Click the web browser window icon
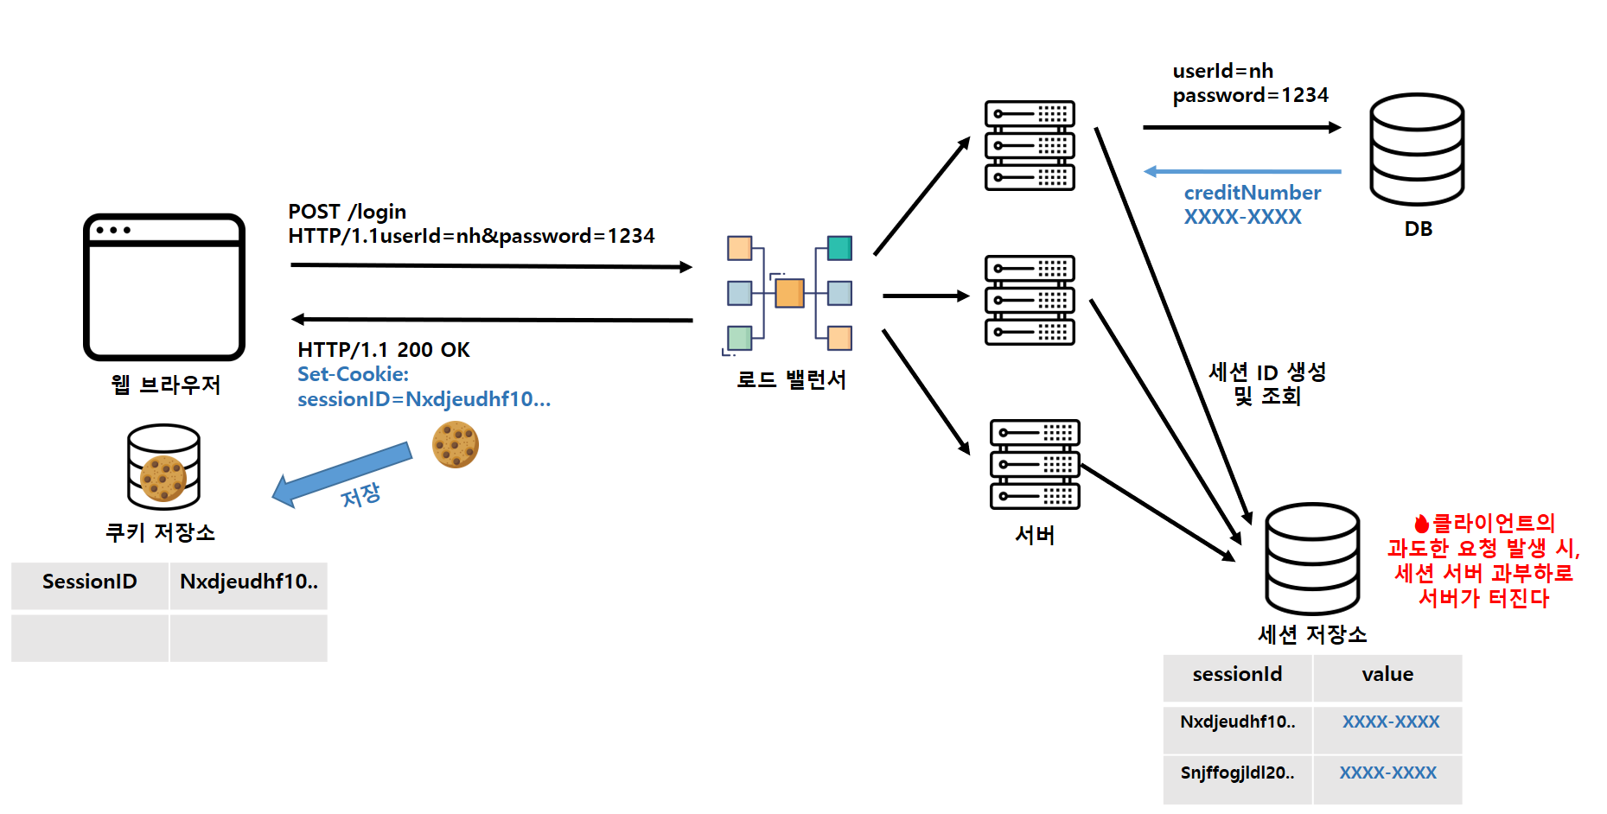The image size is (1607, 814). click(x=164, y=287)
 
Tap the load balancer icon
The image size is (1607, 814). click(x=789, y=294)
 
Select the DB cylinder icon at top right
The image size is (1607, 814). click(x=1417, y=149)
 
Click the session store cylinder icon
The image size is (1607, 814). click(x=1312, y=558)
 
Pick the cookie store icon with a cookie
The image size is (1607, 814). click(x=163, y=467)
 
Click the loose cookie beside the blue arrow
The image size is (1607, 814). click(x=456, y=444)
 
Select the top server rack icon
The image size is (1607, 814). click(x=1030, y=145)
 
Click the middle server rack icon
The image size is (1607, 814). click(x=1030, y=300)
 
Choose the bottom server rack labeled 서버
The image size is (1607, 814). click(x=1035, y=464)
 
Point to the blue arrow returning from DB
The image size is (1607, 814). click(x=1242, y=172)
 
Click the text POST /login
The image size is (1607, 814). click(x=348, y=212)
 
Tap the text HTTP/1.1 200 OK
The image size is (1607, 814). click(x=384, y=350)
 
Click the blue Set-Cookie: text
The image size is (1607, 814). click(x=353, y=374)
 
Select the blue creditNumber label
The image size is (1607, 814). click(x=1253, y=193)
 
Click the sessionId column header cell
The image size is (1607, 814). click(x=1237, y=676)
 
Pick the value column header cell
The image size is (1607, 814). click(x=1387, y=676)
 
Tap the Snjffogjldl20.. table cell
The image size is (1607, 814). click(x=1237, y=773)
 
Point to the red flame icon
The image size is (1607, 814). click(x=1421, y=524)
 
